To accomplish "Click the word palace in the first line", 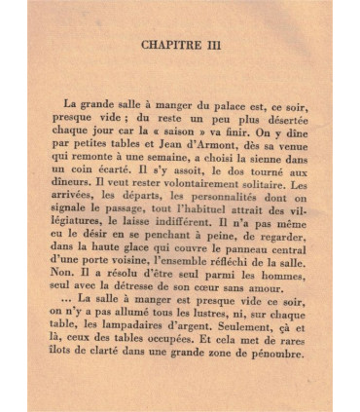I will tap(205, 103).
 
